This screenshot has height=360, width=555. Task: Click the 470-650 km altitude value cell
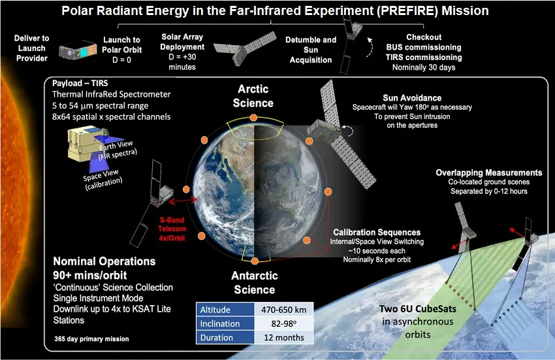(x=284, y=310)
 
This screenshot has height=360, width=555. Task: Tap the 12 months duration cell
(x=284, y=337)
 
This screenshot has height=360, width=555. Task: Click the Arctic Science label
(x=253, y=96)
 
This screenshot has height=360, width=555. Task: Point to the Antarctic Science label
(x=255, y=283)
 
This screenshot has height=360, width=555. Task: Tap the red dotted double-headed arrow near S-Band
(x=183, y=201)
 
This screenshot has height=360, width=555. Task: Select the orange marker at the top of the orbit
(x=253, y=118)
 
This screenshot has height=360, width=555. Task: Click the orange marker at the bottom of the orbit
(x=255, y=261)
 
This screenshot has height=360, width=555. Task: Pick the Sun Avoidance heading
(x=412, y=98)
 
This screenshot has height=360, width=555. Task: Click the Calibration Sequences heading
(x=377, y=233)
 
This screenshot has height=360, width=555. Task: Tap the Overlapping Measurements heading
(x=489, y=172)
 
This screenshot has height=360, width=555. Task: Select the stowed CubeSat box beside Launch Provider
(x=78, y=50)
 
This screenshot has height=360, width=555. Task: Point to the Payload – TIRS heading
(x=80, y=83)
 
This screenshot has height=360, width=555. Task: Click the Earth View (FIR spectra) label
(x=117, y=150)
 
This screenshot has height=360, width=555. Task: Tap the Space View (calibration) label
(x=103, y=179)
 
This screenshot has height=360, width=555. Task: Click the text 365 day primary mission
(x=91, y=338)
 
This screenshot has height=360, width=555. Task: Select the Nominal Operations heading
(x=104, y=261)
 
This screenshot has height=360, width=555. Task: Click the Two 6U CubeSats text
(x=418, y=308)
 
